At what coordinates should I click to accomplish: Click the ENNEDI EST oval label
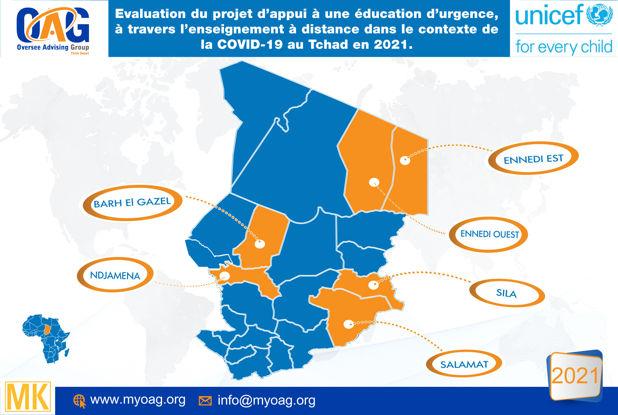(533, 159)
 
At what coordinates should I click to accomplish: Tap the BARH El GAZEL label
(132, 203)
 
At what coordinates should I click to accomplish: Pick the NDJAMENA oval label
(115, 275)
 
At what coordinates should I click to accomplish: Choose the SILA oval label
(506, 293)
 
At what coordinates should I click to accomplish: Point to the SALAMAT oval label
(464, 364)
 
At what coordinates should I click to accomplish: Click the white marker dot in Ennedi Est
(405, 160)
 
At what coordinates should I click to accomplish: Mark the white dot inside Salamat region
(348, 324)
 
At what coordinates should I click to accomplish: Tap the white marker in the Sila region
(373, 285)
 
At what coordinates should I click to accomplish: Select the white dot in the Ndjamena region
(225, 276)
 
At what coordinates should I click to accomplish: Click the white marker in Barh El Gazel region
(260, 244)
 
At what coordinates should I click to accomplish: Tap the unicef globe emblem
(599, 15)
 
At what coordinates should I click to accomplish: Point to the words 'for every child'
(564, 46)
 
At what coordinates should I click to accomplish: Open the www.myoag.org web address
(138, 400)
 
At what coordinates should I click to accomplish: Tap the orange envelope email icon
(205, 401)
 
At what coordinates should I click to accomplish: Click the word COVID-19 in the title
(250, 44)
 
